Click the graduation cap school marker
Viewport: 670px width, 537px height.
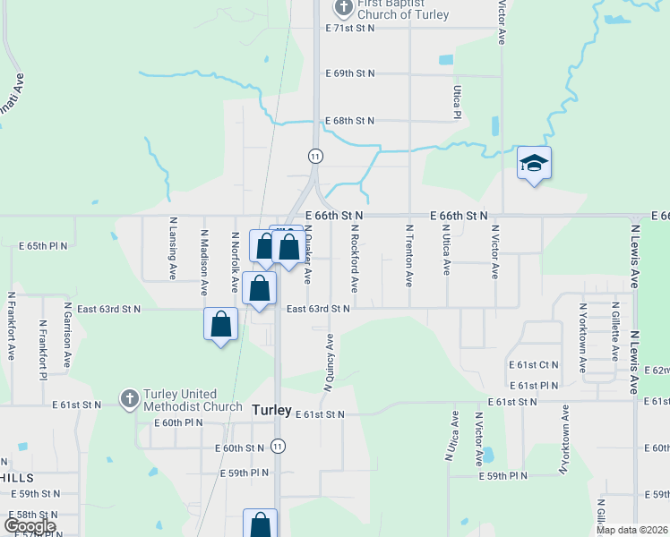[534, 164]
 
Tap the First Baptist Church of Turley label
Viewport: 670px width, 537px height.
[401, 9]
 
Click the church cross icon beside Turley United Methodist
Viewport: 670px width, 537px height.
[129, 397]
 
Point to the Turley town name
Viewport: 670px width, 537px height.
[271, 410]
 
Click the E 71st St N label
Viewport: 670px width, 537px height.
[349, 29]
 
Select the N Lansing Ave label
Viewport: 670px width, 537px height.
[173, 246]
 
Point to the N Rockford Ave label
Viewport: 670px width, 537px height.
[355, 258]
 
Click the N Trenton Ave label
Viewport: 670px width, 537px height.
[408, 255]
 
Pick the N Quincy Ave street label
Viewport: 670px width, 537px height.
[329, 362]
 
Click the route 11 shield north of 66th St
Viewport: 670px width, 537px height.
[314, 156]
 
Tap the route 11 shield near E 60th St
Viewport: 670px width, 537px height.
[279, 445]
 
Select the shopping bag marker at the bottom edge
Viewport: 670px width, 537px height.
[260, 524]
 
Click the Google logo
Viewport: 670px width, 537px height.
[30, 526]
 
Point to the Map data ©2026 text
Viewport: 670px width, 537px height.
[631, 530]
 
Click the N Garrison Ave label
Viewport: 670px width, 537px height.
[67, 336]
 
